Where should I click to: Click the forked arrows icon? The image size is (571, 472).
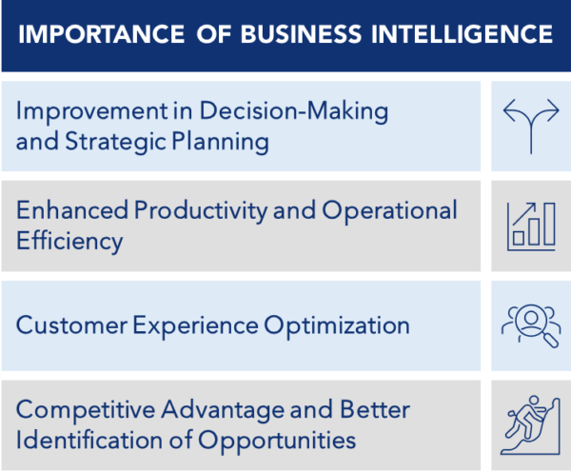[x=531, y=126]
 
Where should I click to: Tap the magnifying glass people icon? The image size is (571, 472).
[x=531, y=324]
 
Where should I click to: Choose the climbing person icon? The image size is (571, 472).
[x=531, y=424]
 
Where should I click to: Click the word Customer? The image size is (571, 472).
[x=70, y=324]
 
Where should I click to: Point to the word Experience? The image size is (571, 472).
[x=191, y=324]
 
